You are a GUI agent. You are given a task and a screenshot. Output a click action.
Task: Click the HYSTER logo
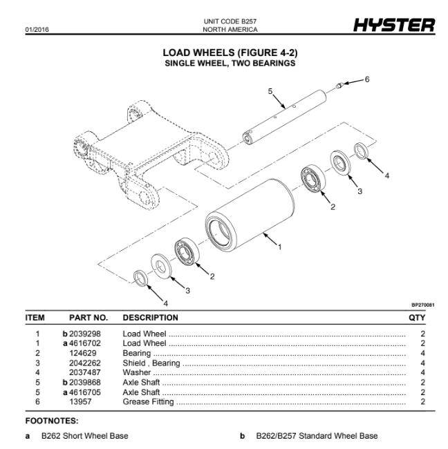[394, 26]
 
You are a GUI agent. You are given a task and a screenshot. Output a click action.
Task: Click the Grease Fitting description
[148, 401]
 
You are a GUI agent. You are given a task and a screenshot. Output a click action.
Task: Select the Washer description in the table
[138, 372]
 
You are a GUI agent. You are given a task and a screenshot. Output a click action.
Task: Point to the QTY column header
[417, 318]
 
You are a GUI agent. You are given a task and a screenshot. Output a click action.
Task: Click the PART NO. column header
[88, 318]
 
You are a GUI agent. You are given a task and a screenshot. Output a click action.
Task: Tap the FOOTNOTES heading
[52, 420]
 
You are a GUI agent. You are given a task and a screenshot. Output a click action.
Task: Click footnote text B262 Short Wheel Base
[84, 436]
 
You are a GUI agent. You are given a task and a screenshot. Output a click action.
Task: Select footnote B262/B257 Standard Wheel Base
[317, 436]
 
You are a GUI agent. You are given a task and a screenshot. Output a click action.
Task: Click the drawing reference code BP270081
[422, 304]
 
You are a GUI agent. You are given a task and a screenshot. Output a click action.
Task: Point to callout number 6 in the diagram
[367, 79]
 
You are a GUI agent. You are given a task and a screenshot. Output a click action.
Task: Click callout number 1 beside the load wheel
[279, 246]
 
